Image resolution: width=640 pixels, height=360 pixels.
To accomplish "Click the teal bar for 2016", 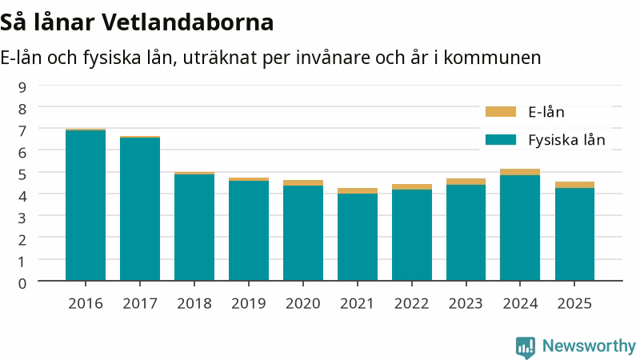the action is tap(86, 206).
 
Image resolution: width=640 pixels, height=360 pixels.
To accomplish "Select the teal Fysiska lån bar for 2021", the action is tap(358, 237).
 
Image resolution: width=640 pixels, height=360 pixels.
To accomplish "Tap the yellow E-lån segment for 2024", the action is tap(520, 172).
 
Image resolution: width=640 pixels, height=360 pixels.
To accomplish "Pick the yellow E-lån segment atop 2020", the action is tap(303, 183).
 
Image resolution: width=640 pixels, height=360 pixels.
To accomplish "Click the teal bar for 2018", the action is tap(194, 227).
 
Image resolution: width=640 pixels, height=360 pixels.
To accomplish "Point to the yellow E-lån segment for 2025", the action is tap(574, 185).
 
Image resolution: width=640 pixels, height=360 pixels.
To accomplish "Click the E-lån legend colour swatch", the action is tap(501, 112).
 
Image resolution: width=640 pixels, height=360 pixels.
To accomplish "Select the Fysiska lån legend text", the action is tap(566, 140).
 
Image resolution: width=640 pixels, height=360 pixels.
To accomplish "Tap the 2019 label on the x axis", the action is tap(249, 304).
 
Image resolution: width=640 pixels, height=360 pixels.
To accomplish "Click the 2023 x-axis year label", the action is tap(466, 304).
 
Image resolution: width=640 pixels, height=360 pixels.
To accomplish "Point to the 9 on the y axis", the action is tap(22, 87).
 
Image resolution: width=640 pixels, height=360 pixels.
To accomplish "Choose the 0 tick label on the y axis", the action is tap(22, 283).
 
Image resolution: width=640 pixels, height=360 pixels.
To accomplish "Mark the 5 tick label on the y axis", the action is tap(22, 174).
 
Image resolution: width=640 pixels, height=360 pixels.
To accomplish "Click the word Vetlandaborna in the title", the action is tap(187, 22).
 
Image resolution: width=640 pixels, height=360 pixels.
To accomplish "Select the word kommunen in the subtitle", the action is tap(492, 58).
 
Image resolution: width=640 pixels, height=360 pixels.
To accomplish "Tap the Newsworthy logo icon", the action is tap(526, 347).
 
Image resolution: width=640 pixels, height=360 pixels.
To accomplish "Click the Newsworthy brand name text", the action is tap(589, 346).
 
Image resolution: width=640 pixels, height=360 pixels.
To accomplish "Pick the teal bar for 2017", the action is tap(140, 209).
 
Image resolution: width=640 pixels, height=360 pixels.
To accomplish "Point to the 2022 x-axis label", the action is tap(411, 304).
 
